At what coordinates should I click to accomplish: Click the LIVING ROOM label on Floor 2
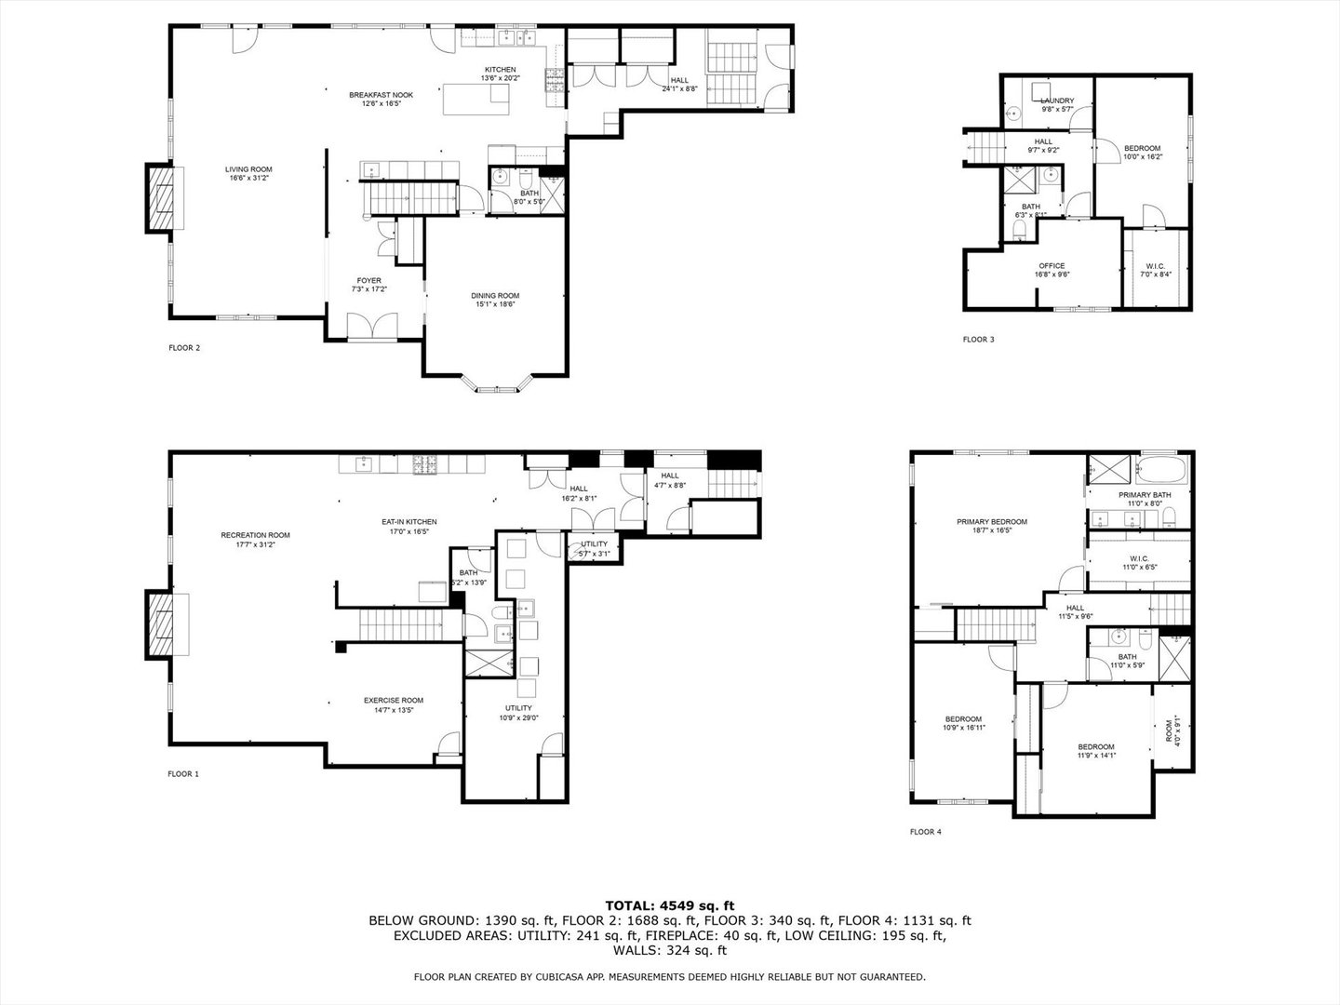(248, 169)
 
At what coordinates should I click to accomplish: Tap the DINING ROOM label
(495, 296)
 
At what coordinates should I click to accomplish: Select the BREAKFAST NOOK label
(381, 95)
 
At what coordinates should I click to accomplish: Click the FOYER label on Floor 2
(368, 281)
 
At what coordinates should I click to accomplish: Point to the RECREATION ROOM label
(255, 535)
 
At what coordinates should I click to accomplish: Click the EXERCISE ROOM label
(393, 701)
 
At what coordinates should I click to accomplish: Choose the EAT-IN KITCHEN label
(409, 522)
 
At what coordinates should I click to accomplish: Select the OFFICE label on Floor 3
(1052, 266)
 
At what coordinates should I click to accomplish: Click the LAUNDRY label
(1056, 100)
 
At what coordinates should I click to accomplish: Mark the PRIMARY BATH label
(1145, 495)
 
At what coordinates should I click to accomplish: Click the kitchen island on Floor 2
(476, 99)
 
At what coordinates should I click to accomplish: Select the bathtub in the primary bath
(1162, 466)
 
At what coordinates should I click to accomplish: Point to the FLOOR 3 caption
(978, 340)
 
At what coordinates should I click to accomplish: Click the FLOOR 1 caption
(183, 774)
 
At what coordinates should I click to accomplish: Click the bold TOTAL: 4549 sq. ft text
(669, 904)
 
